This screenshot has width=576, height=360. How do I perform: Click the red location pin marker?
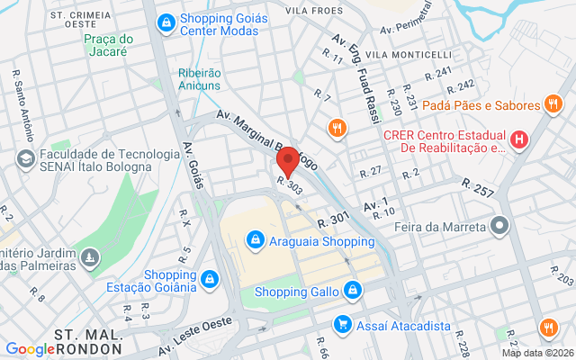coord(287,163)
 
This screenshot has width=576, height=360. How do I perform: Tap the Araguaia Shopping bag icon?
coord(256,240)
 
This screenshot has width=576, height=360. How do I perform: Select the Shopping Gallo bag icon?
coord(354,290)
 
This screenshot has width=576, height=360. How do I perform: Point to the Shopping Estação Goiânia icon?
coord(210,279)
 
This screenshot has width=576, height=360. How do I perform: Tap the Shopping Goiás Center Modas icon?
coord(166,22)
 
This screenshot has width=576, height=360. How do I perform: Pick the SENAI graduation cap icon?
coord(26,159)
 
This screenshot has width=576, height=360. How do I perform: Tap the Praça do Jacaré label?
coord(108,45)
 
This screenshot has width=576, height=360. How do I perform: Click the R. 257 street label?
coord(479,187)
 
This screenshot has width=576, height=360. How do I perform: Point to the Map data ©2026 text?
coord(536,353)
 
